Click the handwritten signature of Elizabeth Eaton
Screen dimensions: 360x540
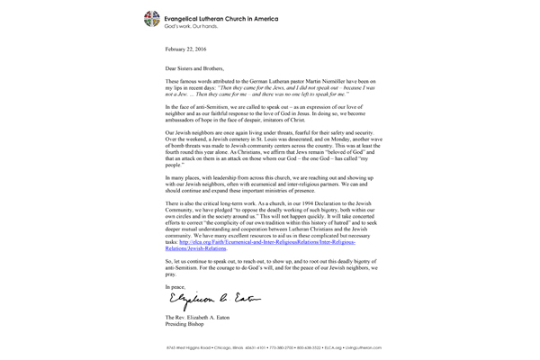point(204,298)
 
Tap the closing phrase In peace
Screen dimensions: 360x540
point(177,285)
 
